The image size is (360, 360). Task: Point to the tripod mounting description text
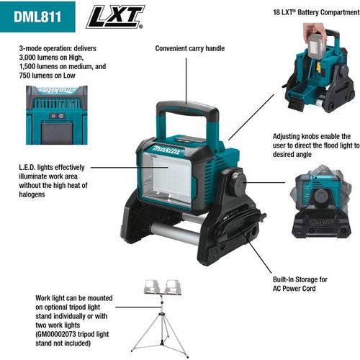pyautogui.click(x=74, y=320)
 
